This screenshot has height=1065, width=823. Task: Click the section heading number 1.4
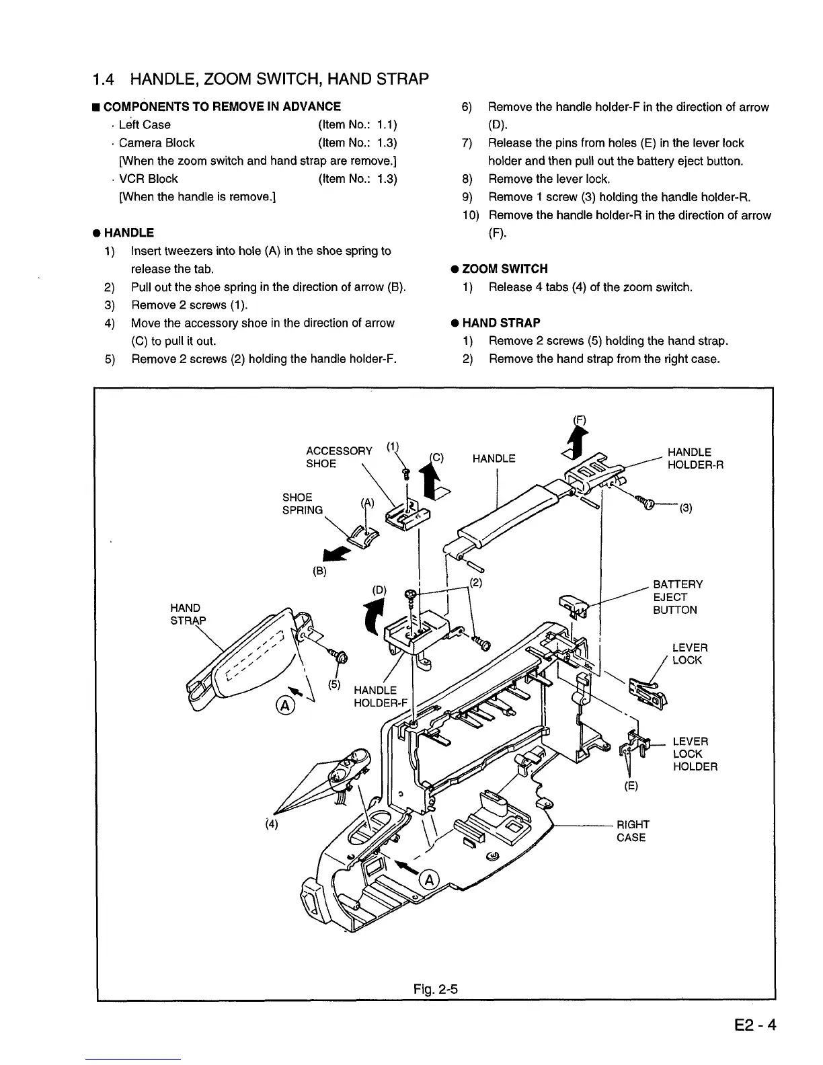pos(106,79)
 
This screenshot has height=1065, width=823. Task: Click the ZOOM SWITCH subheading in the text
pos(504,269)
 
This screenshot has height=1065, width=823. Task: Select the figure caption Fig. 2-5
pos(435,989)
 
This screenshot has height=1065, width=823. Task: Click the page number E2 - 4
pos(755,1026)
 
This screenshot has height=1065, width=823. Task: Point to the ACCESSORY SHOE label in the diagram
pos(338,457)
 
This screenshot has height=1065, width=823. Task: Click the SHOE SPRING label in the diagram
pos(302,504)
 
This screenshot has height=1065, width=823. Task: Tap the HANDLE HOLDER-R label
pos(695,459)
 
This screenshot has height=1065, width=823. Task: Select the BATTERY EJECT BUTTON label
pos(678,597)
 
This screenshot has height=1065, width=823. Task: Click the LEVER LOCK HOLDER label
pos(695,754)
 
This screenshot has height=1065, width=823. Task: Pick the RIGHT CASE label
pos(633,831)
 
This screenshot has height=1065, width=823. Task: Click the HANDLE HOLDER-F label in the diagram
pos(381,697)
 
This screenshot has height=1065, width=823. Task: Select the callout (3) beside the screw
pos(685,508)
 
